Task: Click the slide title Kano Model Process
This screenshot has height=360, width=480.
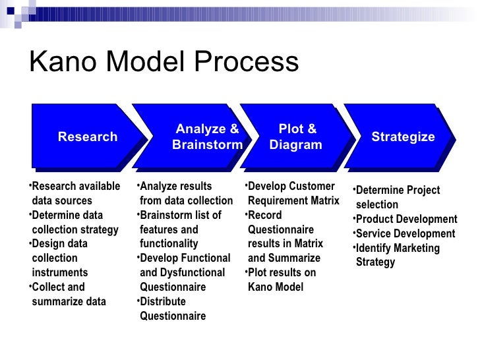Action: pos(164,63)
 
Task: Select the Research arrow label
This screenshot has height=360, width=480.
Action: pos(88,137)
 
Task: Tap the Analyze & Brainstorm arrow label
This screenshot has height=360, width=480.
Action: pos(207,137)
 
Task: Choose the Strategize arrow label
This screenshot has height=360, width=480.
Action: pos(403,137)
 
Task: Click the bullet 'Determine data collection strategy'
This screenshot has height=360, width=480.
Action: pos(74,222)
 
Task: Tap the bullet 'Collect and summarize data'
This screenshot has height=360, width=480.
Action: pos(67,294)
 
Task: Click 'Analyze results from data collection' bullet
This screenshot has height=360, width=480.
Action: pos(185,193)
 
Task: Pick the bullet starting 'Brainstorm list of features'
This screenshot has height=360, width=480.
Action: pos(179,229)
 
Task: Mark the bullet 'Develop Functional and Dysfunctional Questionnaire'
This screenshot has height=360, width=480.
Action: pos(181,272)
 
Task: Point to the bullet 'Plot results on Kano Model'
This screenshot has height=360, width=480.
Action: pos(280,280)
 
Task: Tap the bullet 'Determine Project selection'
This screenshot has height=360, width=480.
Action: pos(396,197)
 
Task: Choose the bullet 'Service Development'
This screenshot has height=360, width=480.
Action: pos(404,233)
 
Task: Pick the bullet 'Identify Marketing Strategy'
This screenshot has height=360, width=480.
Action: pos(396,255)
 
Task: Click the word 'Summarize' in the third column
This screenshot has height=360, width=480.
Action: pos(295,258)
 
